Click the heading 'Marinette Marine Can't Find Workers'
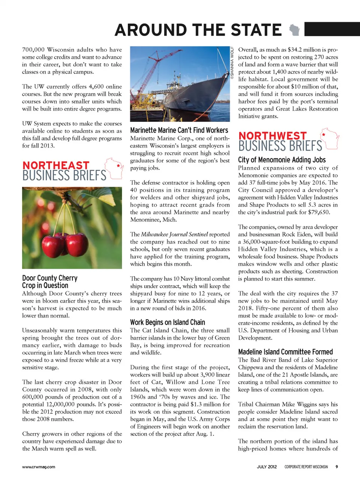coord(179,130)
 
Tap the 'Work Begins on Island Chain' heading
coord(167,322)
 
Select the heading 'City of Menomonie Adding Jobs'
coord(282,160)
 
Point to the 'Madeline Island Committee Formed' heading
coord(285,352)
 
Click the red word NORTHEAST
coord(56,166)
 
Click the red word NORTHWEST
coord(273,136)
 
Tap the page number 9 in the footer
coord(336,467)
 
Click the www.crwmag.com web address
coord(39,467)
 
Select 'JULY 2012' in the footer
coord(267,467)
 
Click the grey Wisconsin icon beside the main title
coord(295,30)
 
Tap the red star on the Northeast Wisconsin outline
coord(118,166)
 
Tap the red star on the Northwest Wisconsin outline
coord(323,134)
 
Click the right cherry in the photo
coord(76,244)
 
